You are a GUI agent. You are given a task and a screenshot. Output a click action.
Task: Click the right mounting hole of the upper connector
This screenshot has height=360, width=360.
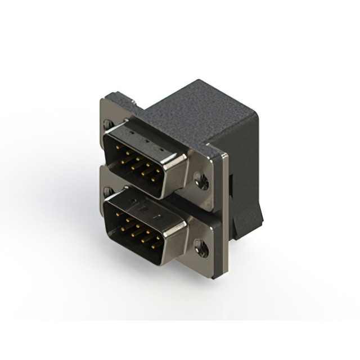201,180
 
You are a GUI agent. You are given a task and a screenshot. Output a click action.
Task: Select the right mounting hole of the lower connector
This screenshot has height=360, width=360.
199,245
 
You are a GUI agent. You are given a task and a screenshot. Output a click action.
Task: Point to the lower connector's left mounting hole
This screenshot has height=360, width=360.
106,191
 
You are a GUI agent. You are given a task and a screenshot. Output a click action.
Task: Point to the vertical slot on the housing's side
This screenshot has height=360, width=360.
232,186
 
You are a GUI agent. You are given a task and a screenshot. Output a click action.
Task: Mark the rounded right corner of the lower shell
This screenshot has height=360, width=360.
182,225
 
